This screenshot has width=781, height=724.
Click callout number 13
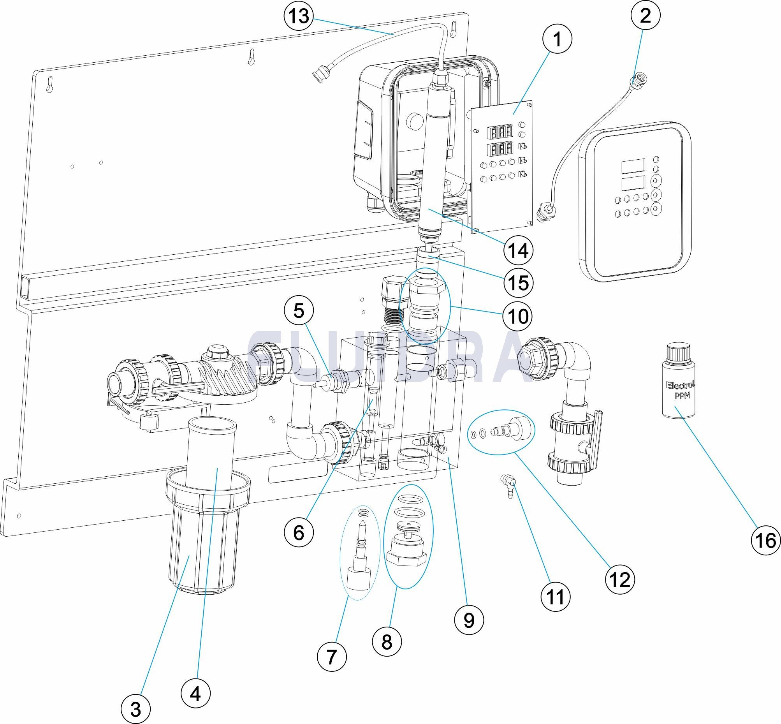click(x=299, y=16)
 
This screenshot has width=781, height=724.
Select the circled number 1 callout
click(x=557, y=39)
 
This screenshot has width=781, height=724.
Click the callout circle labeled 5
click(x=299, y=311)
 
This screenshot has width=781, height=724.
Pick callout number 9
click(x=469, y=620)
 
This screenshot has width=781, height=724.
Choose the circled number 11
click(x=556, y=597)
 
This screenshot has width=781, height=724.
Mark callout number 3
click(x=135, y=708)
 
